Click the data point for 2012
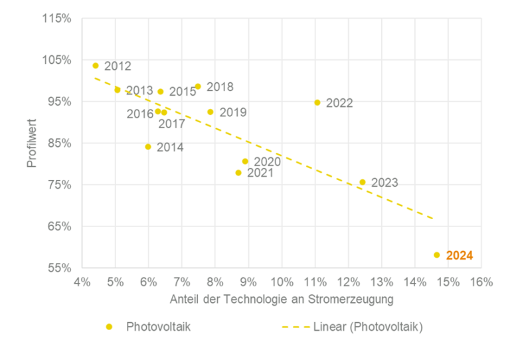click(96, 66)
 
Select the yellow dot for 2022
click(317, 102)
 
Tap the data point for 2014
click(148, 147)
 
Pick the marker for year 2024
click(437, 255)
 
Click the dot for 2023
click(363, 182)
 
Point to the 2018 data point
click(198, 86)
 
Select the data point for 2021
click(238, 173)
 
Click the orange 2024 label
click(460, 256)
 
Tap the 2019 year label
click(233, 113)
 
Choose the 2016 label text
click(140, 114)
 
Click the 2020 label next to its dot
click(267, 162)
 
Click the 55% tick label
click(60, 268)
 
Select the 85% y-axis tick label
click(60, 143)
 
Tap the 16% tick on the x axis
click(481, 282)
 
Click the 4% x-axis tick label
click(82, 282)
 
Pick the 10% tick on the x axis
click(282, 282)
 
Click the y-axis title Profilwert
click(32, 143)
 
